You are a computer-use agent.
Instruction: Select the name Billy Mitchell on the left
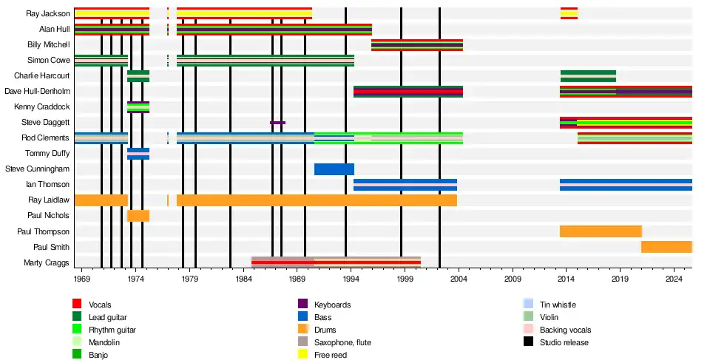pos(48,44)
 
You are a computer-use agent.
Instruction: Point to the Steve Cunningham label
pos(37,169)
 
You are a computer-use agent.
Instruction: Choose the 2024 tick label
pos(674,279)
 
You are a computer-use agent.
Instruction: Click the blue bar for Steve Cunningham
pos(334,169)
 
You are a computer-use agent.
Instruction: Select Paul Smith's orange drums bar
pos(666,247)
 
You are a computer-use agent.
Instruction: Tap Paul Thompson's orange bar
pos(601,231)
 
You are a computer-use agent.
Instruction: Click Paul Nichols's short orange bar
pos(138,216)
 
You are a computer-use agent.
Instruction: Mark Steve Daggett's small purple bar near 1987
pos(277,123)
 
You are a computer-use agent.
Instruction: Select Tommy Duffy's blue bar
pos(138,153)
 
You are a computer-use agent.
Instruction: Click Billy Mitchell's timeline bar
pos(416,44)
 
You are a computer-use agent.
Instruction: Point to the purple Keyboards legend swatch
pos(302,305)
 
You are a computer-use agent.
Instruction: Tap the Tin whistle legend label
pos(558,305)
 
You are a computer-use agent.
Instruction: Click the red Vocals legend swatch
pos(77,305)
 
